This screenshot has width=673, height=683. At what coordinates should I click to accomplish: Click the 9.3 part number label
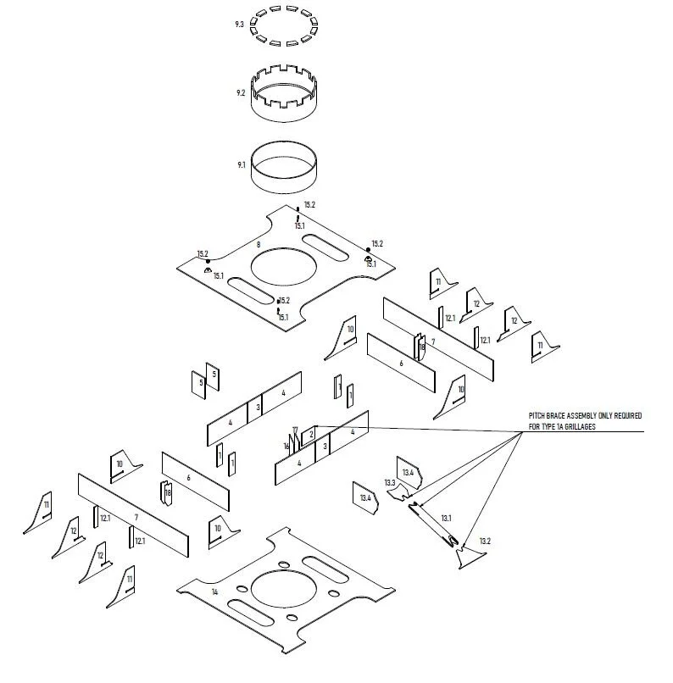pyautogui.click(x=240, y=25)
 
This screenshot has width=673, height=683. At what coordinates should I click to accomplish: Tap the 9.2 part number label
pyautogui.click(x=241, y=93)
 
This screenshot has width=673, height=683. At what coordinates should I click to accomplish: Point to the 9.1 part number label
pyautogui.click(x=241, y=165)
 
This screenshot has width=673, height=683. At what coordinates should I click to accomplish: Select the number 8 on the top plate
pyautogui.click(x=258, y=244)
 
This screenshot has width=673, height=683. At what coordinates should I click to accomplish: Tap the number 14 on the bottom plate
pyautogui.click(x=214, y=591)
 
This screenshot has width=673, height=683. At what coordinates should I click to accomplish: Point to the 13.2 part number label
pyautogui.click(x=485, y=541)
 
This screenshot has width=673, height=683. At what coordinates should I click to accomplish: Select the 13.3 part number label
pyautogui.click(x=390, y=482)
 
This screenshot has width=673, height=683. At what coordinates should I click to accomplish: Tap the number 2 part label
pyautogui.click(x=311, y=434)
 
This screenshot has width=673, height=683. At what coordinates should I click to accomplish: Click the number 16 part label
pyautogui.click(x=286, y=447)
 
